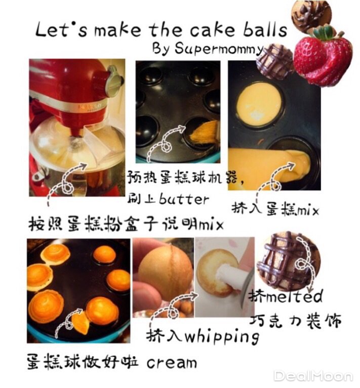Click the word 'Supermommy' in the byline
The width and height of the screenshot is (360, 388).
point(219,49)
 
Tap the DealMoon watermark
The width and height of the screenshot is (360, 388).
point(313,376)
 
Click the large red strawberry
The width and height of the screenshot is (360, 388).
point(323,58)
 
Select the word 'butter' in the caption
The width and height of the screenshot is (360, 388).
point(184,198)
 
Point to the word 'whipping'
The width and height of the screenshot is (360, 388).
point(222,337)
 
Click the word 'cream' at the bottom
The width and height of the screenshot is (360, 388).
point(172,363)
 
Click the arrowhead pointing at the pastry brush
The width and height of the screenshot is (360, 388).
point(182,128)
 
